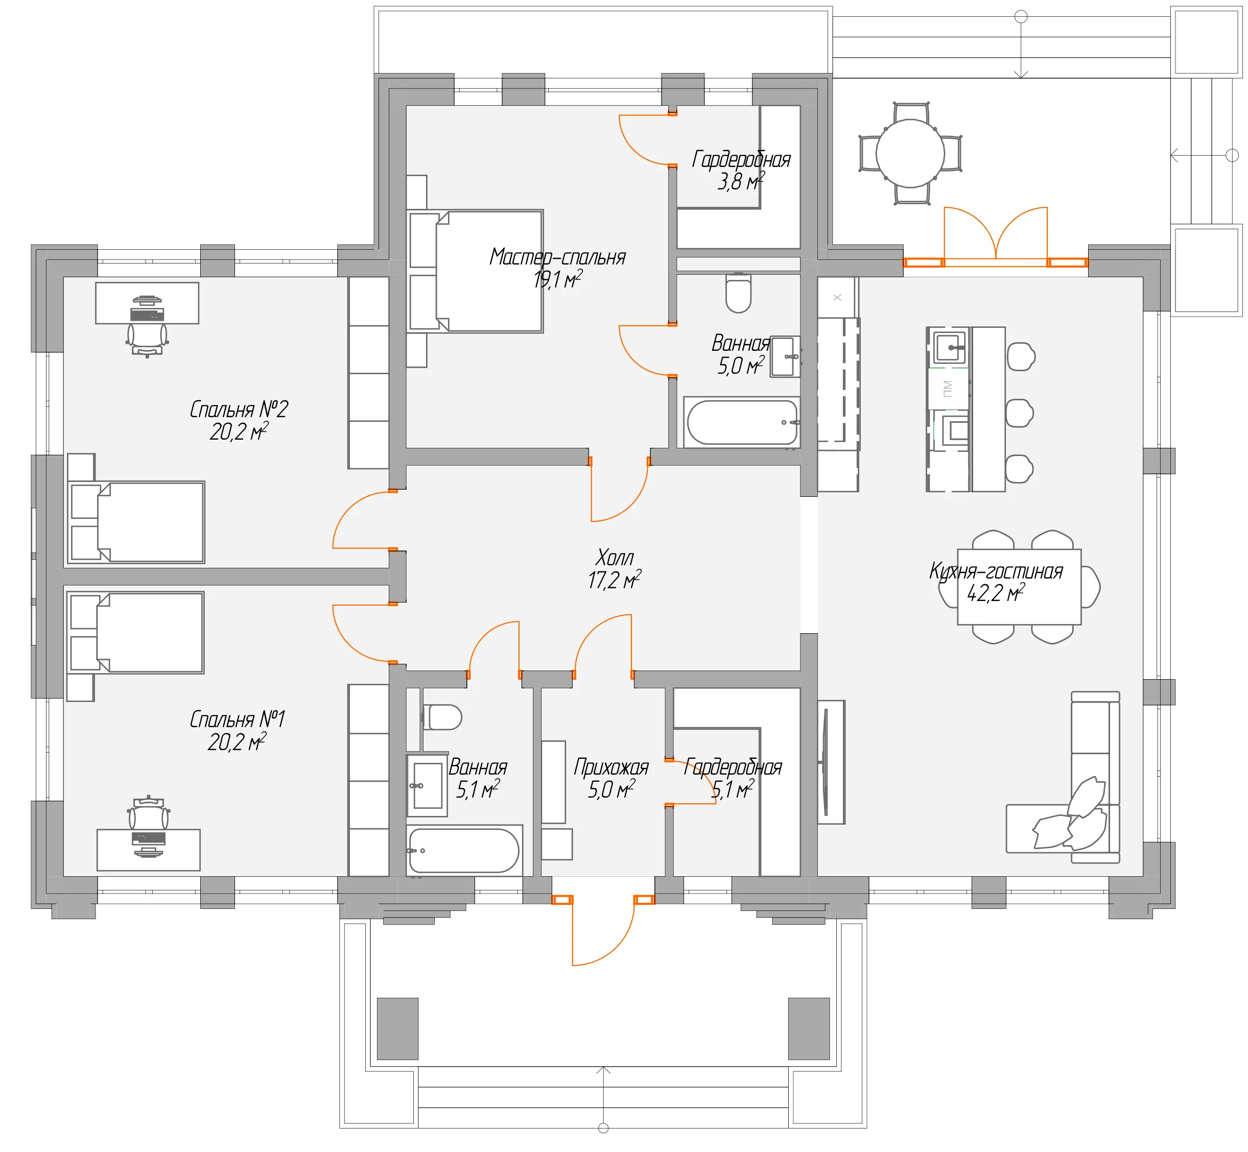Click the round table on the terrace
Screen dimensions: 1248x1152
coord(910,153)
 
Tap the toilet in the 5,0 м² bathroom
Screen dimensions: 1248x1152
coord(739,293)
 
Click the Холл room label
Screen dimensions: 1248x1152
coord(615,557)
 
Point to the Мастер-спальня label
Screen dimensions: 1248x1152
coord(557,257)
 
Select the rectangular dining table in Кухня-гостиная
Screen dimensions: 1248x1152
coord(1019,587)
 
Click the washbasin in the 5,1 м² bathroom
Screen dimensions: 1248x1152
coord(427,785)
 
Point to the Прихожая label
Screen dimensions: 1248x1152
coord(611,767)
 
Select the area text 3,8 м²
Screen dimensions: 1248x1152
coord(741,181)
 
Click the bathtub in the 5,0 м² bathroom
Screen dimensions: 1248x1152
coord(742,422)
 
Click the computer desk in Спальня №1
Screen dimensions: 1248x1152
coord(149,850)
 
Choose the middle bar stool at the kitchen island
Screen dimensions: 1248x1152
coord(1020,413)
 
